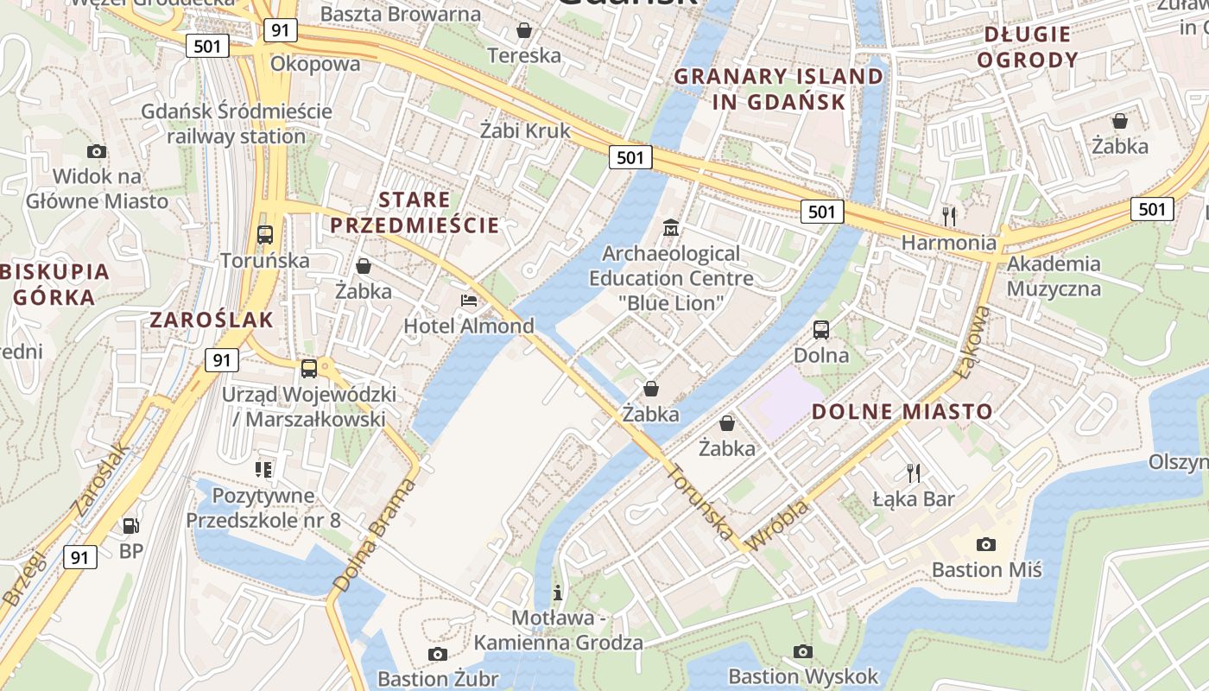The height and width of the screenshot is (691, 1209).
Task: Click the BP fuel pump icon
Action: click(x=130, y=525)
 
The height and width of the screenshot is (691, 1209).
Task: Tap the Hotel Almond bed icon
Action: click(x=469, y=301)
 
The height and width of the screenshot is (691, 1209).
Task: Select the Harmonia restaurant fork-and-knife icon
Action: click(x=949, y=215)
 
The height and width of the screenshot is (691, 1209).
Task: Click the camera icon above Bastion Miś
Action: click(x=985, y=544)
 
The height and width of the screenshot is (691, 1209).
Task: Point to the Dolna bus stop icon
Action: click(x=820, y=329)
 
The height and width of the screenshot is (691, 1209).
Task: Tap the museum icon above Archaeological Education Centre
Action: click(x=670, y=228)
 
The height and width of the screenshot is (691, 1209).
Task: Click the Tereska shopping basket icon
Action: click(x=523, y=31)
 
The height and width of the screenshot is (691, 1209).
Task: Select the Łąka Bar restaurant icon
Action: click(x=913, y=472)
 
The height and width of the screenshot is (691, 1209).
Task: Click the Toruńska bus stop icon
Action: click(x=265, y=234)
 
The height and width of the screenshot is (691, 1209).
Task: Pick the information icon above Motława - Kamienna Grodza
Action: click(x=558, y=593)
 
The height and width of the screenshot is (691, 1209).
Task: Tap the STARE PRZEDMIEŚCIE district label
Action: click(x=415, y=212)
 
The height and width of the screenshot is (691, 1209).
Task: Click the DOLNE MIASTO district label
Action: click(x=902, y=412)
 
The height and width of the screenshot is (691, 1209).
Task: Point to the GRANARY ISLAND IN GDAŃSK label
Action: click(x=779, y=89)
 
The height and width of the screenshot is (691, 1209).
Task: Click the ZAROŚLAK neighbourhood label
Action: click(x=212, y=320)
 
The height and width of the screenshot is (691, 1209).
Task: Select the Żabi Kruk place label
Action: click(x=525, y=130)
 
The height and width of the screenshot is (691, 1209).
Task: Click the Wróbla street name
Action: click(x=776, y=524)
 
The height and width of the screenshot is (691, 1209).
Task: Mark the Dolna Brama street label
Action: click(x=373, y=536)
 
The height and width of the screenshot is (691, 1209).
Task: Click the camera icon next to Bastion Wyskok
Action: click(x=803, y=651)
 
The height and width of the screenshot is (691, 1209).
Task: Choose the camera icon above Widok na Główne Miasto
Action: click(x=97, y=152)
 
